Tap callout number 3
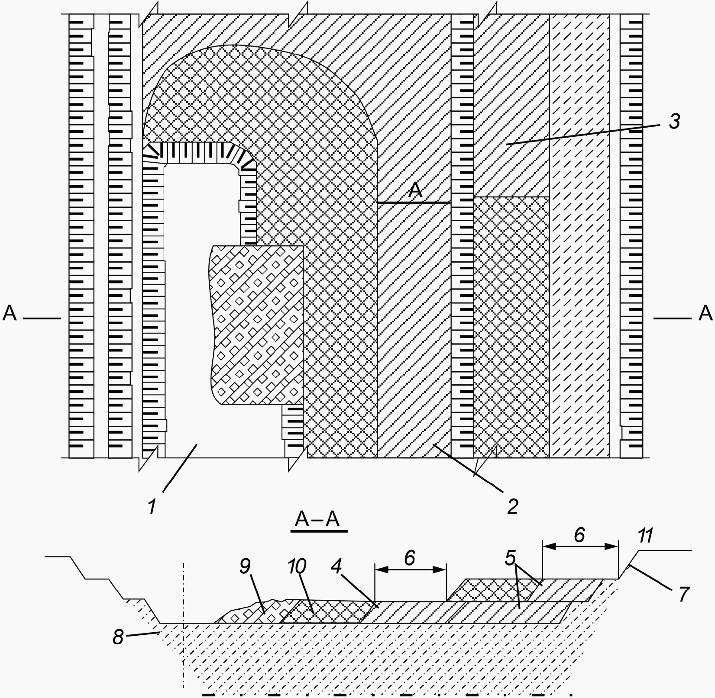[x=674, y=122]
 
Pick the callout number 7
[x=683, y=594]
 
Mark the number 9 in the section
[x=245, y=566]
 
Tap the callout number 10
[x=297, y=566]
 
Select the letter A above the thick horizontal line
[x=416, y=190]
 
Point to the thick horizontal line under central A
[x=414, y=202]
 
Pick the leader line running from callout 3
[x=585, y=134]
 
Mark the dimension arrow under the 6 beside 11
[x=580, y=547]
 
